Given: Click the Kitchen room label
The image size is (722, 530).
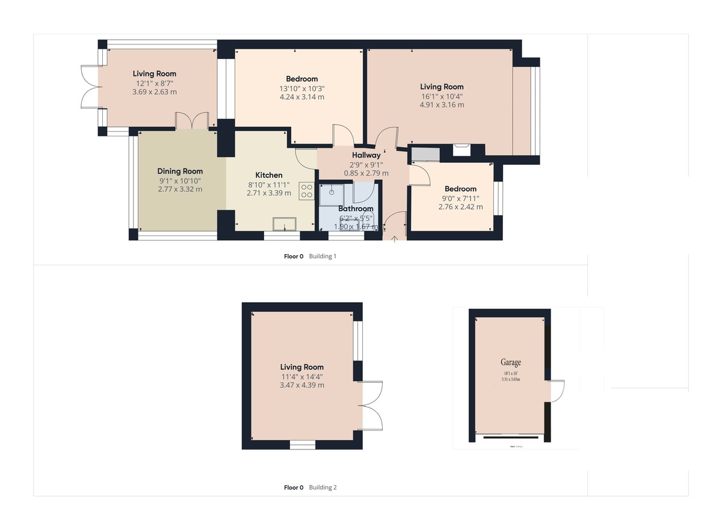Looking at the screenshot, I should coord(268,175).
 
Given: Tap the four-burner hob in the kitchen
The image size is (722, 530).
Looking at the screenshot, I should coord(306,190).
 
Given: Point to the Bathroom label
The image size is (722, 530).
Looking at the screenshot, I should coord(356,209).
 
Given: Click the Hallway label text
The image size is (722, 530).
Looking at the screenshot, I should coord(366,156).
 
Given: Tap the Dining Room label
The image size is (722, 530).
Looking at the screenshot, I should coord(180,171).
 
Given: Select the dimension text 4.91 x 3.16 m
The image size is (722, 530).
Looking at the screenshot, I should coord(442,105).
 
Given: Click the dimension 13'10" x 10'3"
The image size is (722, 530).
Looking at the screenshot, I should coord(301,88).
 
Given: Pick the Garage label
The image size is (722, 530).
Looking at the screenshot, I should coord(510,362).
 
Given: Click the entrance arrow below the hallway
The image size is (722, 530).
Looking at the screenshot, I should coord(395,239).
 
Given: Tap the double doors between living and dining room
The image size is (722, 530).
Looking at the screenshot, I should coord(193,121).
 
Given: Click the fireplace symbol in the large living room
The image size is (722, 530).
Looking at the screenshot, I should coord(461,149).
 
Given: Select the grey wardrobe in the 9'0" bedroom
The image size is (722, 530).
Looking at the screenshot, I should coord(425,154).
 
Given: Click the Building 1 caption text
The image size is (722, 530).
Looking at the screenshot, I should coord(322,256).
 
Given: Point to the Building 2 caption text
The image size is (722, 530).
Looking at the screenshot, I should coord(322,487).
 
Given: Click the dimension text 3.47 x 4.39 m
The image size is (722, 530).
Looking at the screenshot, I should coord(301,385).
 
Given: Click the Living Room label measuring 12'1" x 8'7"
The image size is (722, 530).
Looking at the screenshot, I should coord(155,73).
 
